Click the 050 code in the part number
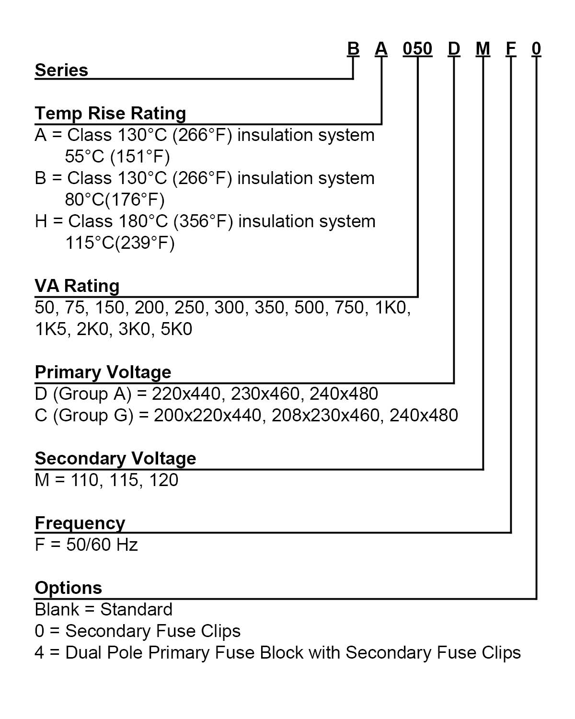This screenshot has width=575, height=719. click(x=417, y=49)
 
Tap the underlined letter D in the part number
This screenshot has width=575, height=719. click(x=454, y=49)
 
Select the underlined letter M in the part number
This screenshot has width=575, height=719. click(x=483, y=49)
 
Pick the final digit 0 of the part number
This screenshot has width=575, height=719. click(x=536, y=49)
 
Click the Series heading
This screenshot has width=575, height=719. click(x=61, y=70)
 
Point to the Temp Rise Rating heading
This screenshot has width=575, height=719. click(x=110, y=113)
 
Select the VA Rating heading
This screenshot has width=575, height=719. click(x=77, y=286)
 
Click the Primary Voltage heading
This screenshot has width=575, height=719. click(x=103, y=372)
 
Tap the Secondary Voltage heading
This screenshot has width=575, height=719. click(x=115, y=458)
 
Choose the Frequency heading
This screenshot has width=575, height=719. click(x=80, y=523)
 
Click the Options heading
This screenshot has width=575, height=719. click(x=68, y=588)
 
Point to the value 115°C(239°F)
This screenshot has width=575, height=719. click(x=120, y=243)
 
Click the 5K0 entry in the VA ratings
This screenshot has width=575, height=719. click(x=176, y=329)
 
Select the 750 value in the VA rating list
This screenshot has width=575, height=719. click(x=349, y=307)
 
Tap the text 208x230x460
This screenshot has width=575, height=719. click(x=325, y=415)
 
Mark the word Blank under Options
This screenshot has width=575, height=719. click(x=57, y=609)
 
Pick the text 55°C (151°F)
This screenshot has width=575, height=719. click(x=117, y=156)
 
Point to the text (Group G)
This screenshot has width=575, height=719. click(x=93, y=416)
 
